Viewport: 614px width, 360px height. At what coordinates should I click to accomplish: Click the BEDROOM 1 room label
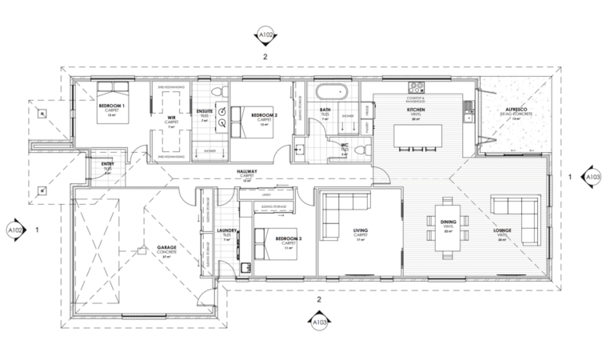pyautogui.click(x=110, y=106)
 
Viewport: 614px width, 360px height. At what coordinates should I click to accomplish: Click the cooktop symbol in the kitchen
pyautogui.click(x=416, y=86)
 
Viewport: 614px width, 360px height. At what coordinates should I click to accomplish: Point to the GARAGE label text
pyautogui.click(x=166, y=248)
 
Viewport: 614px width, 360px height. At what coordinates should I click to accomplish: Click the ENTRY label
pyautogui.click(x=107, y=165)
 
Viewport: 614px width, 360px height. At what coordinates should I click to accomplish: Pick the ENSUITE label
pyautogui.click(x=205, y=111)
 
